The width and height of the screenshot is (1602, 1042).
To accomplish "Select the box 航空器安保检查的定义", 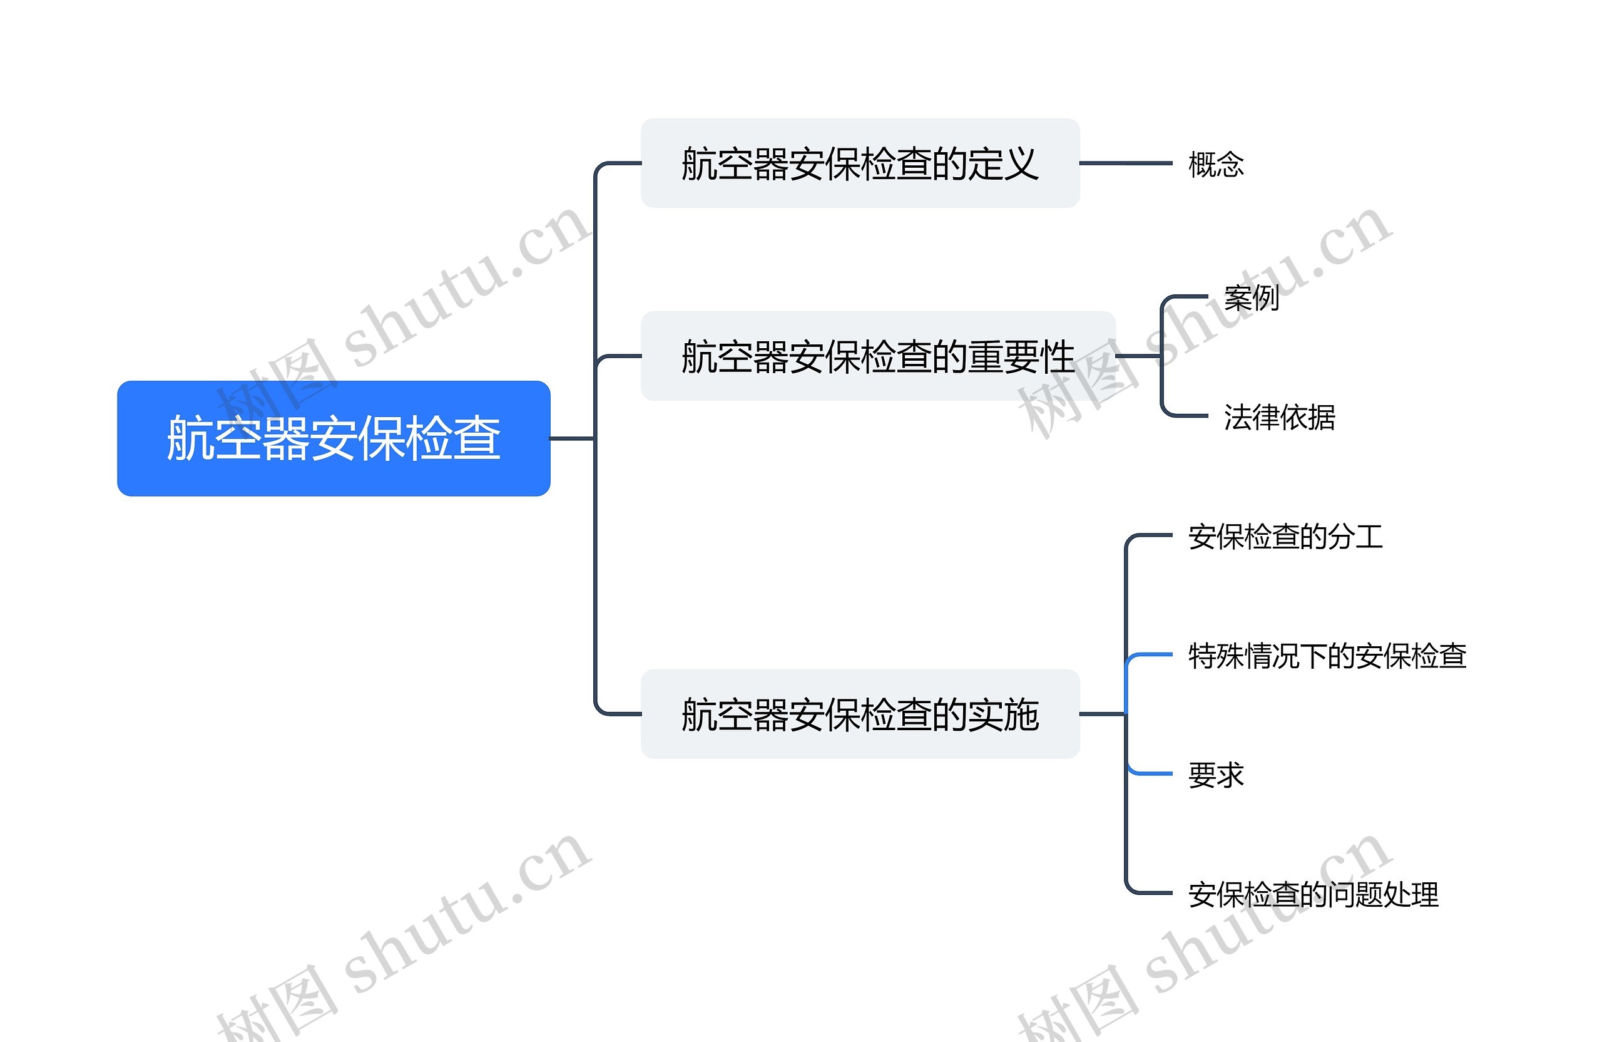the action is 860,163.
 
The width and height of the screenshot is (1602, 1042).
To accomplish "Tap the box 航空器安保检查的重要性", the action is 877,356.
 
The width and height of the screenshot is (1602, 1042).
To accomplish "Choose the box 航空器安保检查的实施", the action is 860,714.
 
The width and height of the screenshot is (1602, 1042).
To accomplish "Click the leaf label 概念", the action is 1216,164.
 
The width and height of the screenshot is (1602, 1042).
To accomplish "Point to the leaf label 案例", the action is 1252,297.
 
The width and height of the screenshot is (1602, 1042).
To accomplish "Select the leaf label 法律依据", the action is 1279,417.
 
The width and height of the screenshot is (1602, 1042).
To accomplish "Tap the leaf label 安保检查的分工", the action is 1285,537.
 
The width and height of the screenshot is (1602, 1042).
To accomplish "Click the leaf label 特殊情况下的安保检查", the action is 1327,656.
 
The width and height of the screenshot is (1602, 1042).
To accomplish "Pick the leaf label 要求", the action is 1216,775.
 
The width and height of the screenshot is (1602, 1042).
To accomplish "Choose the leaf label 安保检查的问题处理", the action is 1312,894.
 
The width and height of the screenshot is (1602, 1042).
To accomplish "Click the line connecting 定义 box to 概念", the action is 1125,163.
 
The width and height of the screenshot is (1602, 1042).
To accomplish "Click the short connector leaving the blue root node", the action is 572,438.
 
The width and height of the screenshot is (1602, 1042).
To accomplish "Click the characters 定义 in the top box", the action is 1003,163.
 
